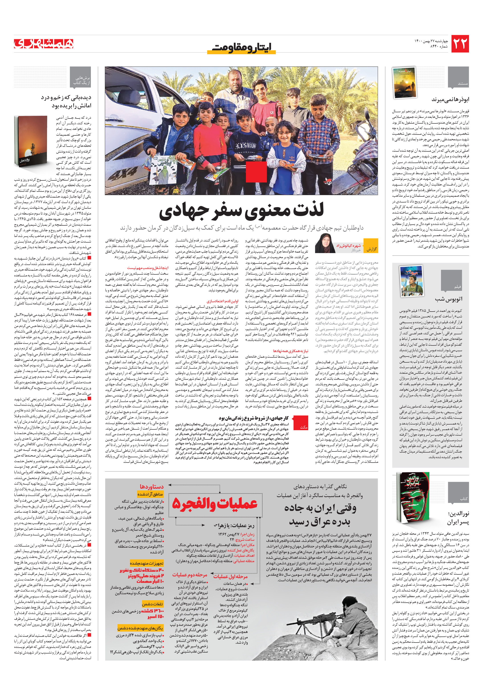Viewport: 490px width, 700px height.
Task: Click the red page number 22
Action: (460, 44)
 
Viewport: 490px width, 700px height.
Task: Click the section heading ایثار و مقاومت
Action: (241, 47)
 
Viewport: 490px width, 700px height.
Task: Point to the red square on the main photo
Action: (256, 172)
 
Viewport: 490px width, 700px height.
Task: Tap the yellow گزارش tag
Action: (371, 249)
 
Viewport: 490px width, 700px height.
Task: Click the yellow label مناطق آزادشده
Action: (150, 494)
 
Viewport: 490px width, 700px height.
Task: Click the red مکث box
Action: (304, 427)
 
